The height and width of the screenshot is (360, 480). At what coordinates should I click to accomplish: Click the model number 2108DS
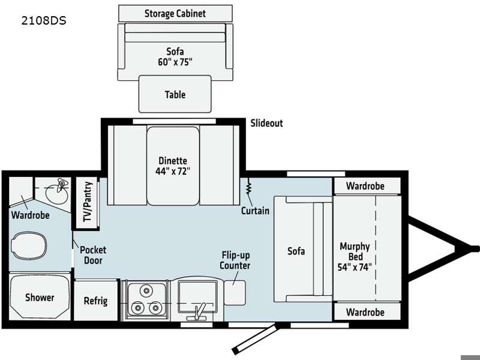click(44, 20)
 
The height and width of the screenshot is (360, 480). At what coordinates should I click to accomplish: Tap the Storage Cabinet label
click(175, 13)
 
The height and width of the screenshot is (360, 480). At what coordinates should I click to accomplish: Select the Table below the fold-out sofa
click(175, 94)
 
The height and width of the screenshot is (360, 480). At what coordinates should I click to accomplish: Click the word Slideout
click(266, 123)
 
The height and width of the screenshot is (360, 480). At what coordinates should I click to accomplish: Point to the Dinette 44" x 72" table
click(173, 166)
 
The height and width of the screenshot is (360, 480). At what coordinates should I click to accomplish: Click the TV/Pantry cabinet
click(87, 202)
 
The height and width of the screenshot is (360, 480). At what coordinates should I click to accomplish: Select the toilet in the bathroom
click(29, 246)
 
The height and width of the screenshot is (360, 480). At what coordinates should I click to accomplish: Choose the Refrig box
click(96, 301)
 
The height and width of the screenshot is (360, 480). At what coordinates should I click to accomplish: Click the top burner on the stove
click(146, 290)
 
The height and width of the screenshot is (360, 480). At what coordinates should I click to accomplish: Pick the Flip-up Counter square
click(235, 293)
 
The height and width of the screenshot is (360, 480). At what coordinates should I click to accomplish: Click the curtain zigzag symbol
click(248, 187)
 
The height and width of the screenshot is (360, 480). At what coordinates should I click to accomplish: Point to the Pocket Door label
click(93, 255)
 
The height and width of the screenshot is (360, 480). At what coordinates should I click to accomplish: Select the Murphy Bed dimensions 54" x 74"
click(355, 267)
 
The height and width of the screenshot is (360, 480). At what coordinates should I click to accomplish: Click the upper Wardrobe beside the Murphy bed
click(367, 186)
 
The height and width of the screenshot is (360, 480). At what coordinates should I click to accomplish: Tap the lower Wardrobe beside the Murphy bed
click(367, 312)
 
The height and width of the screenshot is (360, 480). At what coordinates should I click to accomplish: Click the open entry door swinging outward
click(256, 340)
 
